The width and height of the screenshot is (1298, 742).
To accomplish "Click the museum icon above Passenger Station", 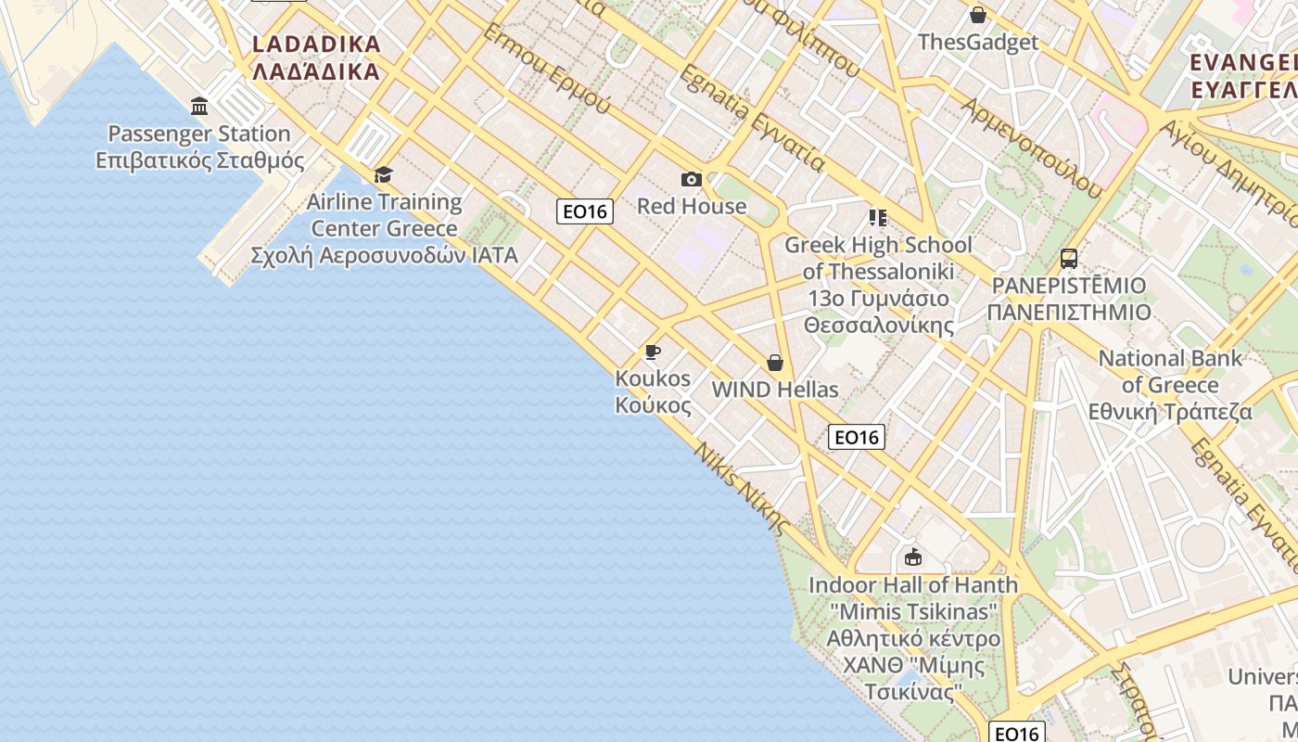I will point(199,106).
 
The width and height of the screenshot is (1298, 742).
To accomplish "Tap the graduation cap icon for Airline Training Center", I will point(383,174).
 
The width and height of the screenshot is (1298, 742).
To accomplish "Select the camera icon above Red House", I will point(691,179).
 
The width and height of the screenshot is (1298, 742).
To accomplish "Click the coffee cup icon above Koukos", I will point(653,352).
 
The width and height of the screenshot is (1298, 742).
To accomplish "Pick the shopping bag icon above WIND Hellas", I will point(775,363).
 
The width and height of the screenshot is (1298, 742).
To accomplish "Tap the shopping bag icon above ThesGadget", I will point(977,15).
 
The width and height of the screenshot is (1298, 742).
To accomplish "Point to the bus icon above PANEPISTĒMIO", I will point(1069,258).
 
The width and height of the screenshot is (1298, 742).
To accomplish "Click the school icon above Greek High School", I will point(877,218).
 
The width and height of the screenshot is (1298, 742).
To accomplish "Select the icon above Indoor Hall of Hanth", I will point(913,556).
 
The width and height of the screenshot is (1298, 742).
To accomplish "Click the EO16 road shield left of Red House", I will point(585,211).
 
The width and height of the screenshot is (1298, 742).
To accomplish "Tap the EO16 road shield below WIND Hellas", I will point(856,437).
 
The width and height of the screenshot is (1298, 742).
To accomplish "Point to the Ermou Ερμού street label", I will point(546,68).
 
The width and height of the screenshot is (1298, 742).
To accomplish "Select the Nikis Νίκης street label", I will point(743,489).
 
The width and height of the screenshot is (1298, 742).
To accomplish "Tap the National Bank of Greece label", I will point(1170,385).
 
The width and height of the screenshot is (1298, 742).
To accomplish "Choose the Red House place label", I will point(692,206).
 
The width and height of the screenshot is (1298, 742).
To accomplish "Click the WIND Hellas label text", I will point(775,390).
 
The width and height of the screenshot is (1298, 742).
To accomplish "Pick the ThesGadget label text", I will point(978,43).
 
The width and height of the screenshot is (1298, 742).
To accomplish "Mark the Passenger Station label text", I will point(199,134).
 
